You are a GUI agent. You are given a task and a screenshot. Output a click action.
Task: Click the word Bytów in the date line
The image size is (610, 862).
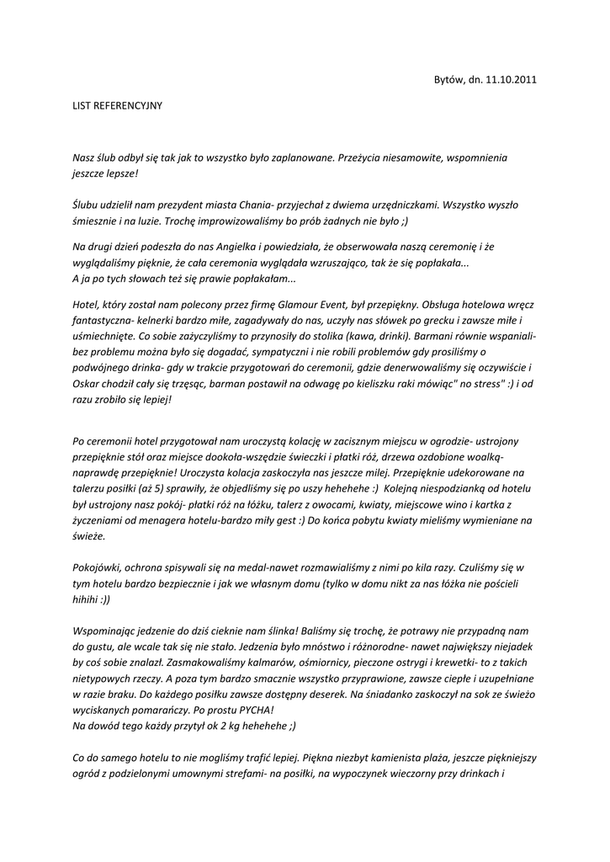(448, 80)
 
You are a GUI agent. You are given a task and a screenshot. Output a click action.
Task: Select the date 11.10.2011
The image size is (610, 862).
(511, 80)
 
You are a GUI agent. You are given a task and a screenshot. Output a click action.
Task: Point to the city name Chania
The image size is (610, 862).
(245, 205)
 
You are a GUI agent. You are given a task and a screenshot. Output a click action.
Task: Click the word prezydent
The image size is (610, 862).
(177, 205)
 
